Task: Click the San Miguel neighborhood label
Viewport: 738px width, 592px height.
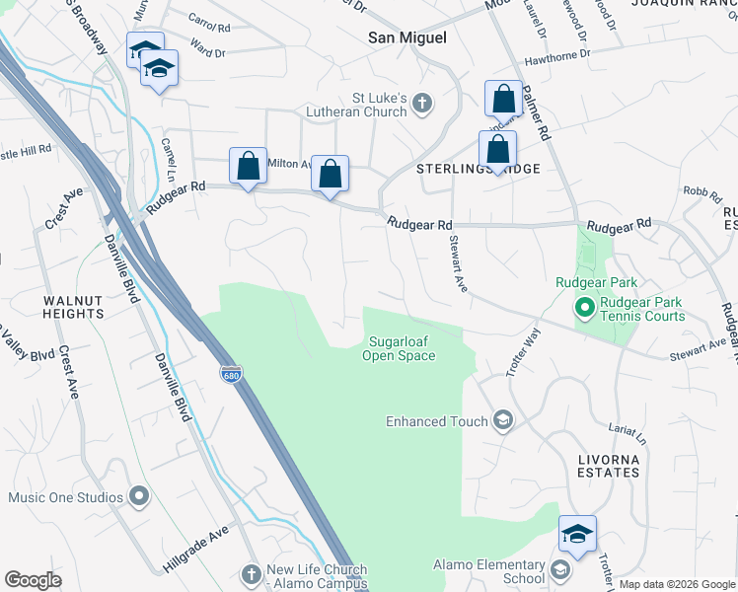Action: pos(407,37)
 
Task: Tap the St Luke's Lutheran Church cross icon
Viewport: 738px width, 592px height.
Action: pos(422,103)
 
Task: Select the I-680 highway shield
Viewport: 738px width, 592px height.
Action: pos(230,375)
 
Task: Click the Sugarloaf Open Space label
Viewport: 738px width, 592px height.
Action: pos(399,348)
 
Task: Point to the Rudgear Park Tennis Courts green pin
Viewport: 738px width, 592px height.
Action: pos(583,309)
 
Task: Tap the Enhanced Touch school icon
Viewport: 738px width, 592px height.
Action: pos(503,421)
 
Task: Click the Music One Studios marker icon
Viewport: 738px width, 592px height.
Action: pos(138,496)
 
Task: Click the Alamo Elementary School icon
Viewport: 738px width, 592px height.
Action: pos(560,571)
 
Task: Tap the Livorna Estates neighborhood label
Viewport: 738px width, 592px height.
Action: pos(608,466)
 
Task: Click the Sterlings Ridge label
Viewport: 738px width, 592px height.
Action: pos(479,169)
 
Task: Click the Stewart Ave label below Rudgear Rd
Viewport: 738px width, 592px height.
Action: pos(457,263)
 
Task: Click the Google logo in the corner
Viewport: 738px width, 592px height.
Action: pos(33,580)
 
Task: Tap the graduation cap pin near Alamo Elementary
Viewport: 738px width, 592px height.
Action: pos(577,534)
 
